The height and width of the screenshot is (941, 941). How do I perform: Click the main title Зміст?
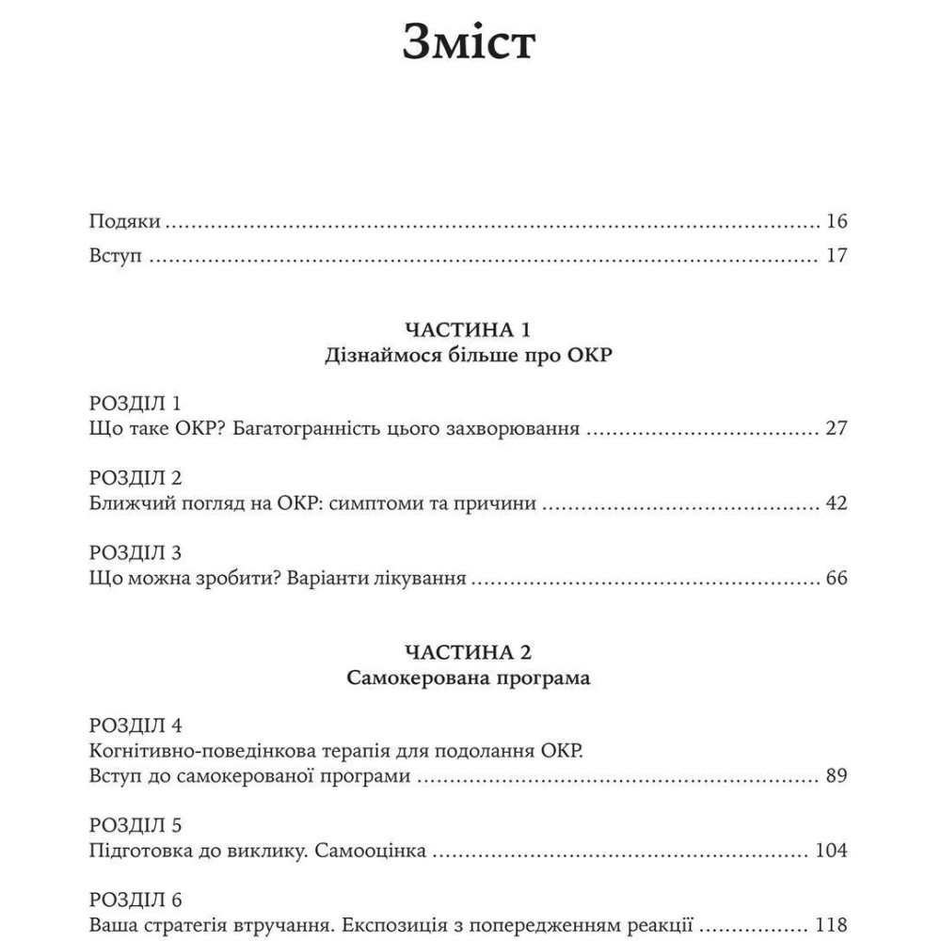tap(469, 42)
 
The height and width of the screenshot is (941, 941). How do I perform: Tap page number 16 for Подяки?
tap(837, 222)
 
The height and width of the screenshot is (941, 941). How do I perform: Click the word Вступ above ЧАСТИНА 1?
tap(115, 256)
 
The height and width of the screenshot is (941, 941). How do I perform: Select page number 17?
tap(837, 256)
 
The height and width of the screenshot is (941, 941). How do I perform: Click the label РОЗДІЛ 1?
tap(135, 403)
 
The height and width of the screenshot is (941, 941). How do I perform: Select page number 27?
tap(837, 429)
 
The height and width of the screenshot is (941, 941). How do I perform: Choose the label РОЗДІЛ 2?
tap(135, 477)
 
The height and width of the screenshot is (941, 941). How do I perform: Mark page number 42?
tap(837, 503)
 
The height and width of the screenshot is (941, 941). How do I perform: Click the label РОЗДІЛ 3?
tap(135, 551)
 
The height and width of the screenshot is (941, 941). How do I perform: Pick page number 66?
tap(837, 578)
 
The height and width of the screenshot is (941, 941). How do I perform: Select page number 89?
tap(837, 777)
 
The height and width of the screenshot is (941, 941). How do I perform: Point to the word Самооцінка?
tap(373, 852)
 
